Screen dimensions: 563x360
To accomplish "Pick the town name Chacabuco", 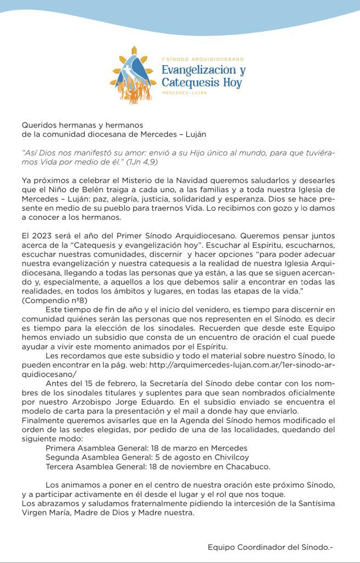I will tap(245, 466).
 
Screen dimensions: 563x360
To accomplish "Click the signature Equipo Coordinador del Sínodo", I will tap(270, 547).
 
